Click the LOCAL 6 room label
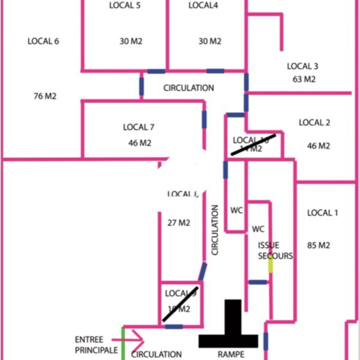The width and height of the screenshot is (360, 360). [44, 41]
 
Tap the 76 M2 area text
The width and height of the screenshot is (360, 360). [45, 95]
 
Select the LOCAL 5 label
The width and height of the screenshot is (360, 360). [125, 5]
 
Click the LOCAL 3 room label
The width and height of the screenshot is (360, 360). [302, 67]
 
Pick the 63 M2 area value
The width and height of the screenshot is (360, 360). [304, 79]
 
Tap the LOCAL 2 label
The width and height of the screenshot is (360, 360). [314, 123]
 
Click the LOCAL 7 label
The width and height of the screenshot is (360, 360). [139, 127]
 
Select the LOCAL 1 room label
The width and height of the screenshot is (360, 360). [323, 213]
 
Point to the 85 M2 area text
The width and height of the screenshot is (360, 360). [319, 245]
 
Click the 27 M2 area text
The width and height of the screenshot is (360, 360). [178, 223]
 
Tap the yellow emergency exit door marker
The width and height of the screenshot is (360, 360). [271, 265]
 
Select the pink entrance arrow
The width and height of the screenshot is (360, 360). [134, 340]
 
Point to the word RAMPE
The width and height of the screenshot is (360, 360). [231, 355]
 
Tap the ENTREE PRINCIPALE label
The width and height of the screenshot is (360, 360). [96, 344]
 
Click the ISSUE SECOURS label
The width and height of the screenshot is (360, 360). [275, 251]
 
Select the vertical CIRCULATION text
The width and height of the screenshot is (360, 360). [215, 230]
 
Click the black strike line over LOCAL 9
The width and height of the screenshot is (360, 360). [180, 304]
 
